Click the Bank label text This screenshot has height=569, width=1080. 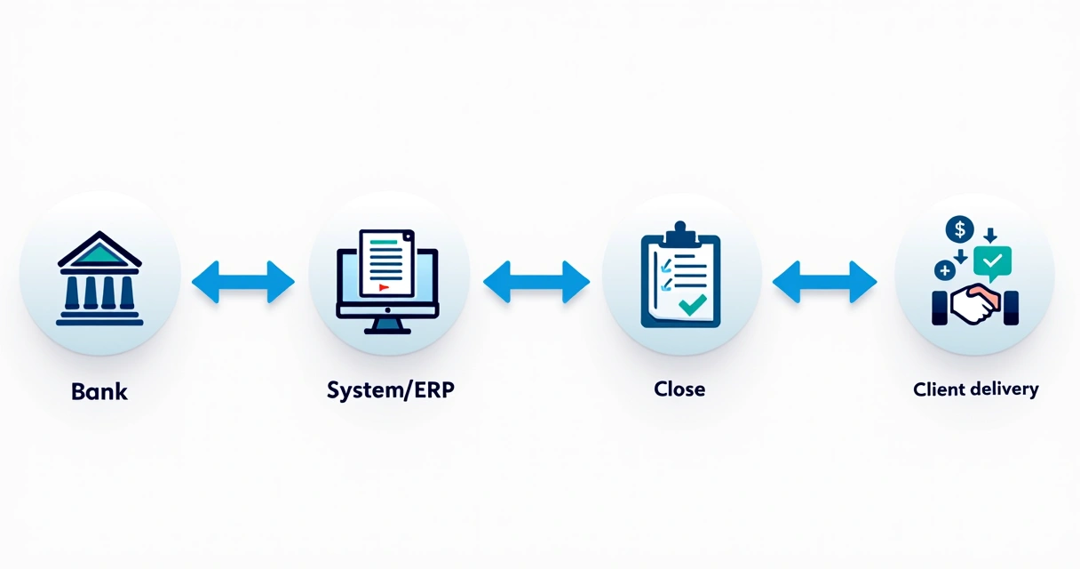[99, 391]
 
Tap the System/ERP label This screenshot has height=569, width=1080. [390, 389]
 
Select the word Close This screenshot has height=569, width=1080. [679, 389]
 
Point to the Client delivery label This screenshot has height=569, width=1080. [975, 389]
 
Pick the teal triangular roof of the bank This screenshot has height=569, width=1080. [99, 254]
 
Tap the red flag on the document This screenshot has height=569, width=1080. [384, 287]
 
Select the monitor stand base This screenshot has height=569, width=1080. [387, 327]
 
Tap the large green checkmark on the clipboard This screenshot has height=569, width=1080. [693, 304]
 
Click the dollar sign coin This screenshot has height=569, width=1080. [959, 230]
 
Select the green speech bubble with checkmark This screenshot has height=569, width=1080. [992, 262]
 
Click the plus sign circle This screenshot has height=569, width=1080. [945, 270]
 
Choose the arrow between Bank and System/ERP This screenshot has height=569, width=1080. [243, 282]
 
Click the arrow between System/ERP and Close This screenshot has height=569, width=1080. [536, 282]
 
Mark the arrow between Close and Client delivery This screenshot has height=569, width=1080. [824, 282]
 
